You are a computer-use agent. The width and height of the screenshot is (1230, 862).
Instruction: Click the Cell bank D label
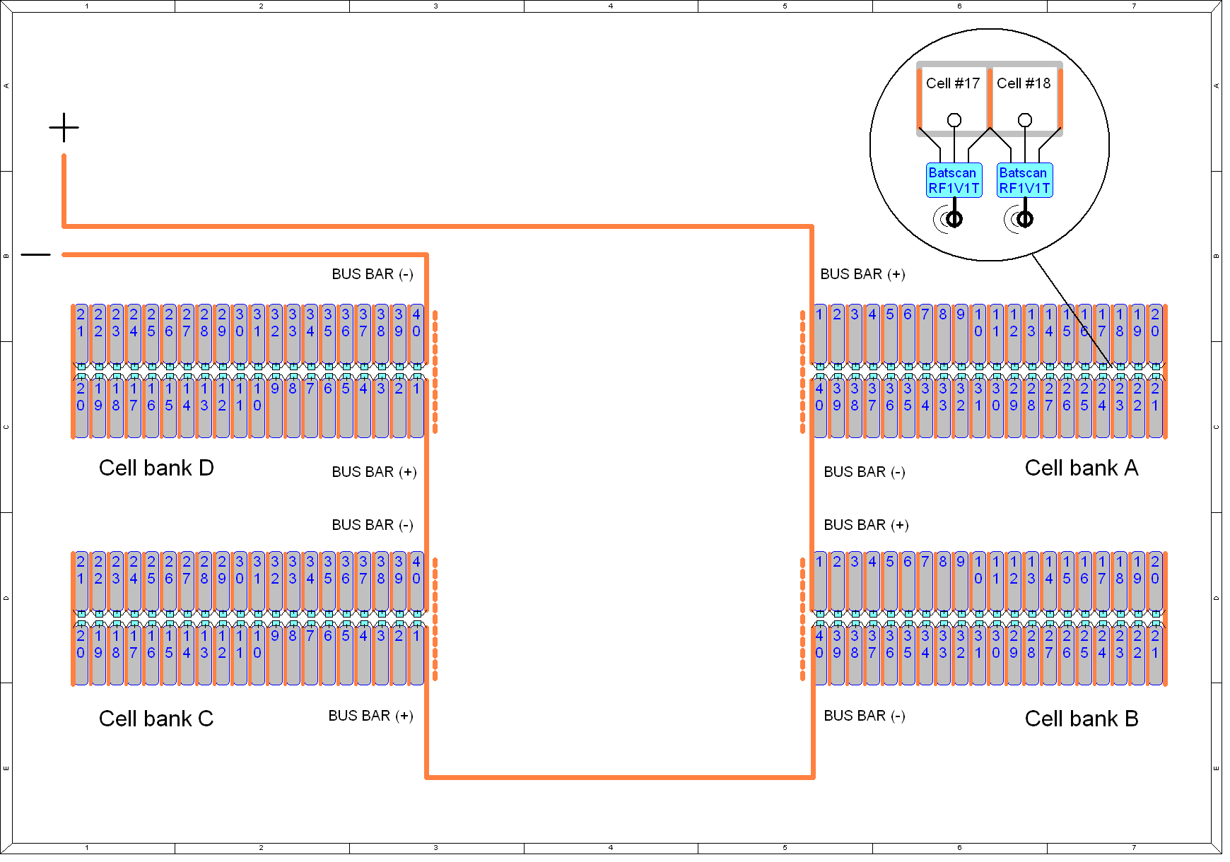(x=156, y=468)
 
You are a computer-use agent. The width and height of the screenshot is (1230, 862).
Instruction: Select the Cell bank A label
(x=1082, y=468)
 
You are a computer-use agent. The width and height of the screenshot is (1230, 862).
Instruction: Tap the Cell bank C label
(x=156, y=719)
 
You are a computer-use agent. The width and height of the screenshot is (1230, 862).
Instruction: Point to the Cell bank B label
(x=1082, y=719)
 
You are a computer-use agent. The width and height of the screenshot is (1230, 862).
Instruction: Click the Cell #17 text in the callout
(x=953, y=83)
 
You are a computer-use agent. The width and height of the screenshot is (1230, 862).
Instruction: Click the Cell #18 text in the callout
(x=1024, y=83)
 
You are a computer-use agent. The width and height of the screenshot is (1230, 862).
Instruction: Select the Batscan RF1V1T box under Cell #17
(x=954, y=180)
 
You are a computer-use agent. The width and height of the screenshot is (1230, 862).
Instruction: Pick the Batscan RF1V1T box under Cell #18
(x=1025, y=180)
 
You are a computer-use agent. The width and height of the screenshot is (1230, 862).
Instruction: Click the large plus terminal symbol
(x=64, y=128)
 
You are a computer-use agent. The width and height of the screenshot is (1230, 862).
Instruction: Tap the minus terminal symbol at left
(x=36, y=254)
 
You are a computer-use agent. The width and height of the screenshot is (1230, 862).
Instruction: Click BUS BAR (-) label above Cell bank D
(x=373, y=274)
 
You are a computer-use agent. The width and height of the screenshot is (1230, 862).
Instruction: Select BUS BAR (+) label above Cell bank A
(x=862, y=274)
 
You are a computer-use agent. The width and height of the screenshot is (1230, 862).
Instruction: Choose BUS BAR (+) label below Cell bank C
(x=371, y=716)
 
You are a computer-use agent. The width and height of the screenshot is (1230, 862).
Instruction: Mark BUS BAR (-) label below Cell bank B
(x=865, y=716)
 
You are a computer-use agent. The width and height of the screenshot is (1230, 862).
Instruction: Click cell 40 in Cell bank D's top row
(x=416, y=334)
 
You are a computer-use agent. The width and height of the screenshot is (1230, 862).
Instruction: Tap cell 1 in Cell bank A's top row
(x=819, y=334)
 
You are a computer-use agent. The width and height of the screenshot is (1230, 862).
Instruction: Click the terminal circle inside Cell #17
(x=954, y=120)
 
